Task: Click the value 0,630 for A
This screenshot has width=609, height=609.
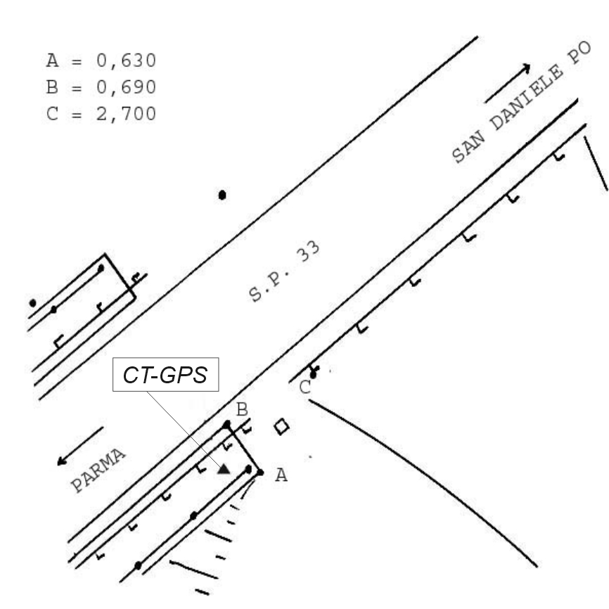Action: pos(126,61)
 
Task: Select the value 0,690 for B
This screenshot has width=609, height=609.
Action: pos(126,87)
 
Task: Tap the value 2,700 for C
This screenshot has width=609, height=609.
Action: pos(126,114)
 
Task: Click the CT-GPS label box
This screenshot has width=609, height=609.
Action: pos(165,374)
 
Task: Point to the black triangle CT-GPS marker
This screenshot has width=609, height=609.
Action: pos(224,470)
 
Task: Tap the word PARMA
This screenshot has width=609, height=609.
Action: pos(98,470)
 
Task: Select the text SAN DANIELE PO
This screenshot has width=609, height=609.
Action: pos(522,102)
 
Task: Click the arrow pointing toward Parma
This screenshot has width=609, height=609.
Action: pos(80,446)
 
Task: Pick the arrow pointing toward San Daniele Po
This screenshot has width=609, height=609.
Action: pos(508,83)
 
